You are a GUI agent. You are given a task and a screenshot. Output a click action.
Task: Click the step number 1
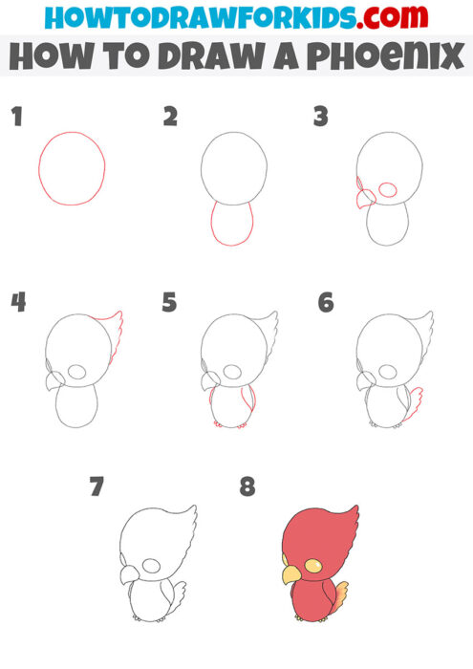[15, 118]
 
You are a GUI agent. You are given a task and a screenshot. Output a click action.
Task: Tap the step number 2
[170, 118]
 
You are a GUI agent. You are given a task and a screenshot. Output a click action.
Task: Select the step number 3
[321, 118]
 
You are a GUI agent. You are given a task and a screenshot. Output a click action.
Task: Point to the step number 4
[17, 303]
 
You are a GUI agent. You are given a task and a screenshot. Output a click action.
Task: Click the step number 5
[170, 303]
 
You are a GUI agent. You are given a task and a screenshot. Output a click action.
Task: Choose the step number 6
[325, 303]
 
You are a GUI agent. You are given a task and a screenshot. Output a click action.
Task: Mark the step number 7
[96, 488]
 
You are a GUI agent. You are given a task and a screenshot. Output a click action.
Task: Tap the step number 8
[248, 488]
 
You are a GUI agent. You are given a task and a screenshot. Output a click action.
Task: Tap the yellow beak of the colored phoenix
[290, 573]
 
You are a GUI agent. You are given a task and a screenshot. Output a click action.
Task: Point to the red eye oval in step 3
[389, 190]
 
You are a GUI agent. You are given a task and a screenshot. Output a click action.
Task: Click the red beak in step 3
[365, 200]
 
